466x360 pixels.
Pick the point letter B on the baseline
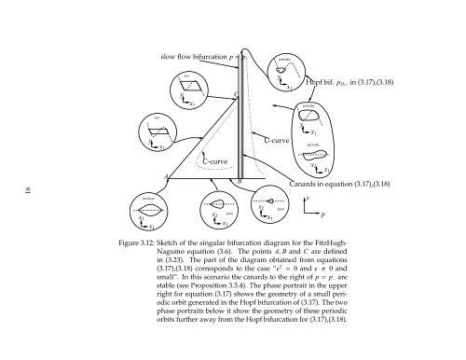point(240,179)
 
